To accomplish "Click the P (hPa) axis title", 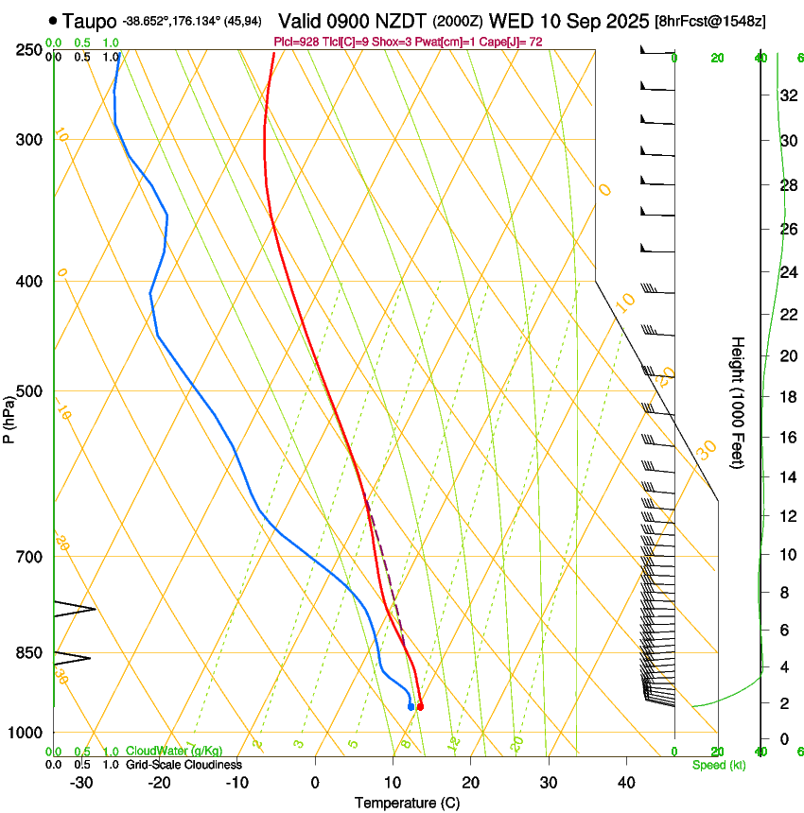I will point(9,416).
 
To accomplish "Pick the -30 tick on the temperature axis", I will point(81,783).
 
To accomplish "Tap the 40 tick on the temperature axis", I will point(625,783).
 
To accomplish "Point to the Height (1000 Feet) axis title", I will point(738,402).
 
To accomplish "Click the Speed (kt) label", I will point(718,765).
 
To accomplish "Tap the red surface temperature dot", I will point(420,706).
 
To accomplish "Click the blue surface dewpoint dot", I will point(411,706).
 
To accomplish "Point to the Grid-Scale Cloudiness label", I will point(184,765).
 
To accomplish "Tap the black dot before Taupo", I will point(53,20).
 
